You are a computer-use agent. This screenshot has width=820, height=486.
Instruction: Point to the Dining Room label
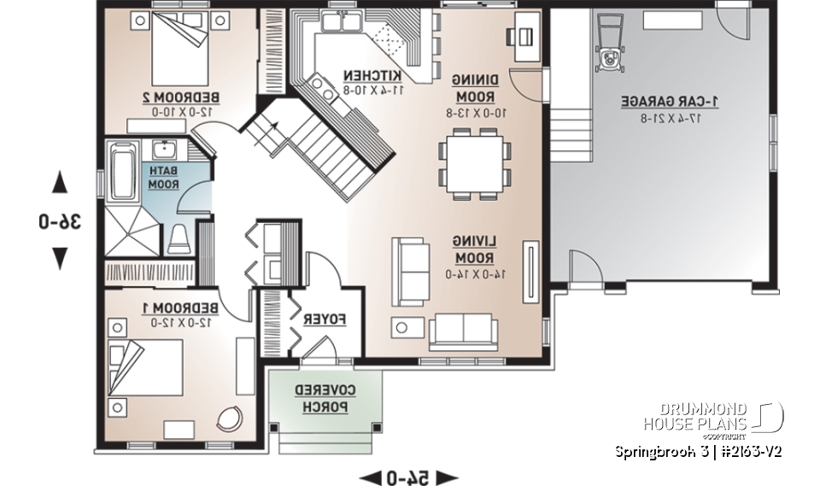(468, 89)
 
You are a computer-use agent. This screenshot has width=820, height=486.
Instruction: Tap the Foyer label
(324, 319)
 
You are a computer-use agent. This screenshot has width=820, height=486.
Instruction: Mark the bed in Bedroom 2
(180, 50)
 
